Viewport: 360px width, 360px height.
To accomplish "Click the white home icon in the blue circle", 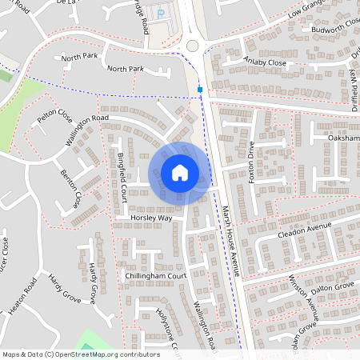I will (179, 173).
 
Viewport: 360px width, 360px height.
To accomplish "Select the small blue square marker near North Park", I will (200, 90).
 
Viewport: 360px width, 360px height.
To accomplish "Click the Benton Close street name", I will (71, 185).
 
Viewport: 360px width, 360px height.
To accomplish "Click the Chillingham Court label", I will (155, 275).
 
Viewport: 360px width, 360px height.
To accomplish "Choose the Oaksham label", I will (344, 138).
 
